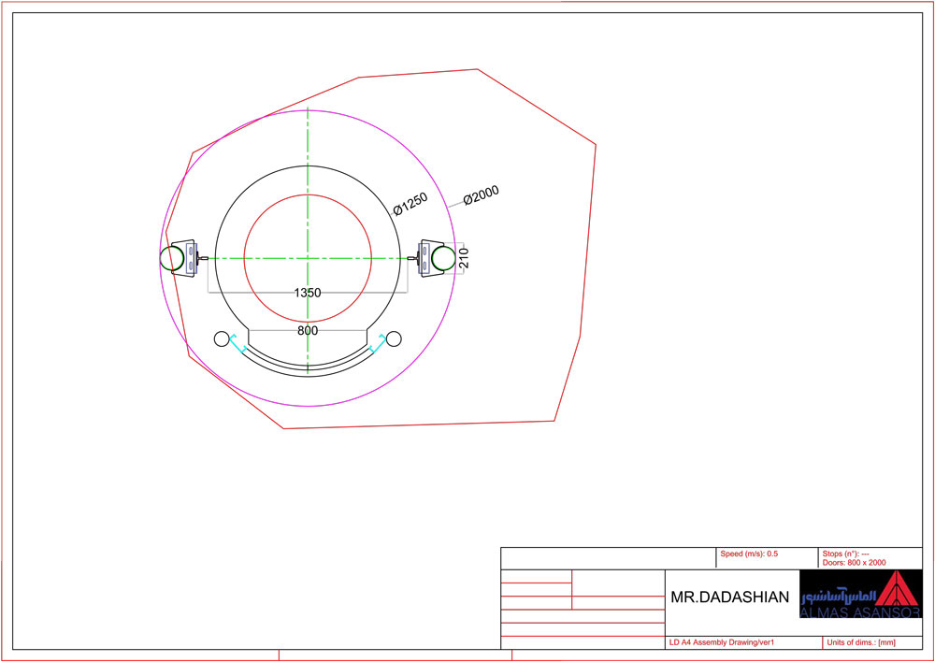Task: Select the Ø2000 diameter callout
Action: [481, 195]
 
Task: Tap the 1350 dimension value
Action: [308, 293]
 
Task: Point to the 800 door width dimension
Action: [308, 330]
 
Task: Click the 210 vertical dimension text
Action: [465, 258]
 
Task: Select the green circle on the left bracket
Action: [172, 258]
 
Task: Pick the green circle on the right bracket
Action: [443, 258]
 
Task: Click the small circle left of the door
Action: [222, 338]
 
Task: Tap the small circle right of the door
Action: [394, 338]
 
